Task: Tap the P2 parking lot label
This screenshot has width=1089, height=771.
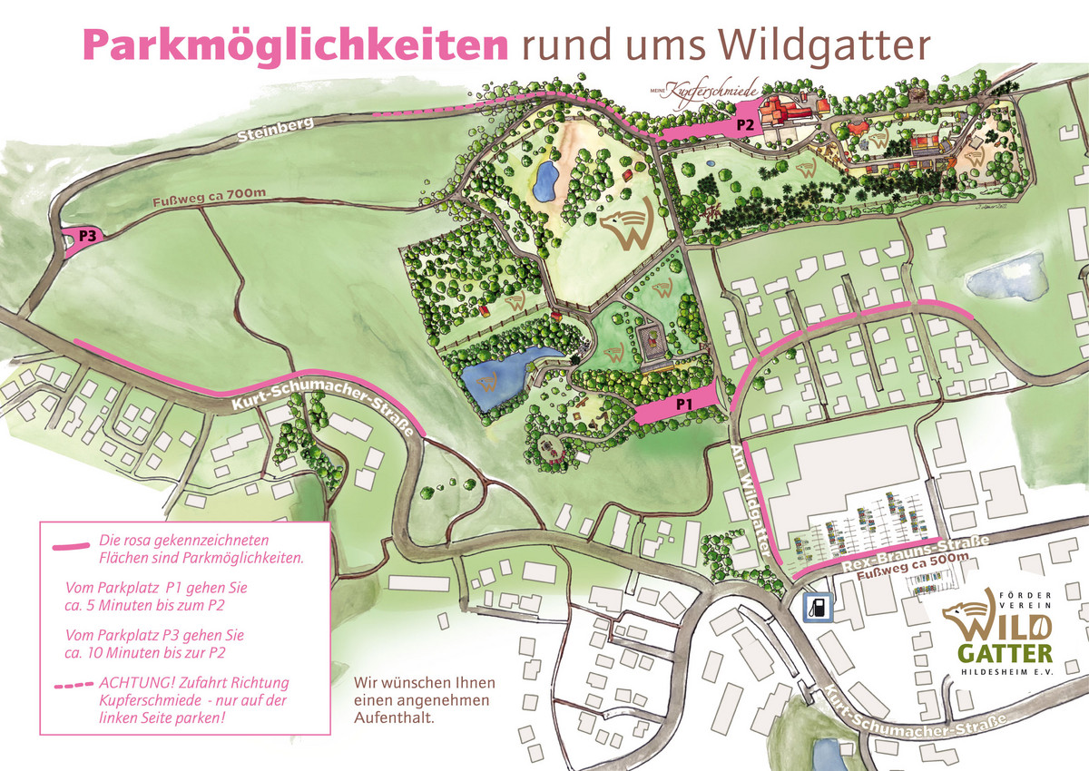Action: tap(745, 125)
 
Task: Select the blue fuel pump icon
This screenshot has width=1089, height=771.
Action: tap(819, 607)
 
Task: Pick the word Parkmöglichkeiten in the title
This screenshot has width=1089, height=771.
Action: tap(295, 43)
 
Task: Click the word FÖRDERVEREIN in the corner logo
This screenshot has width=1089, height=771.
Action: tap(1023, 600)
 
